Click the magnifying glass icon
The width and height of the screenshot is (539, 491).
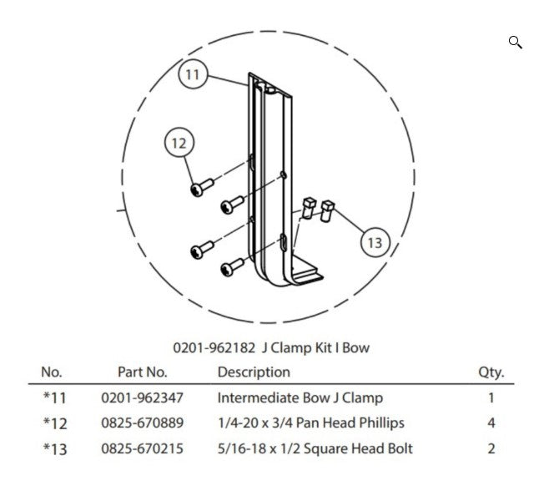point(516,43)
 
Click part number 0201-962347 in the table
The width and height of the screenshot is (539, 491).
point(142,397)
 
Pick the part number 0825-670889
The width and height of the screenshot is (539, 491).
point(143,423)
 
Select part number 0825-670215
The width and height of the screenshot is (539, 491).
point(143,448)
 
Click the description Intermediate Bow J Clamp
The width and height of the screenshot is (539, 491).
point(300,397)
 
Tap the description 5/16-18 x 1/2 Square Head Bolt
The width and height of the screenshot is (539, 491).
point(315,448)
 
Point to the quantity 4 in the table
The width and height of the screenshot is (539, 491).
point(491,423)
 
